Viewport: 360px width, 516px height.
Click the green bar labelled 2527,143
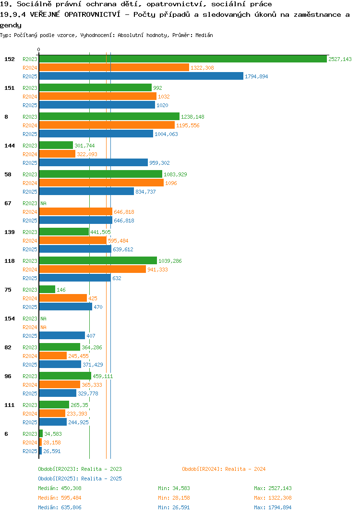tap(183, 59)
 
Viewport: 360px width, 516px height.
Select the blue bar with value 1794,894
tap(141, 76)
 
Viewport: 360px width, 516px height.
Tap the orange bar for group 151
tap(97, 97)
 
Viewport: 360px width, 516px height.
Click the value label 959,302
tap(159, 163)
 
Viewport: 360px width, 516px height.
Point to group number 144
tap(10, 146)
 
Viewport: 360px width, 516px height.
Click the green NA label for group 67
tap(43, 203)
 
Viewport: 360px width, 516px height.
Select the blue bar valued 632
tap(75, 278)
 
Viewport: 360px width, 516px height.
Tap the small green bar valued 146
tap(47, 289)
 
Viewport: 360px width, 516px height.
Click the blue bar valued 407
tap(62, 335)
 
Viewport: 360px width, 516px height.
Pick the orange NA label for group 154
tap(43, 327)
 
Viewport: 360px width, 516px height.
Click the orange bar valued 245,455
tap(53, 356)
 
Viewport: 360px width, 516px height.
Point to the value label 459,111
tap(103, 376)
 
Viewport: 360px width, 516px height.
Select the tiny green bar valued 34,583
tap(41, 433)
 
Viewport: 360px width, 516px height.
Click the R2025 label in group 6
tap(30, 451)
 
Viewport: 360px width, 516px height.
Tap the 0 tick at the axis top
tap(38, 49)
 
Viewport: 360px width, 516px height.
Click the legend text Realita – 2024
tap(245, 469)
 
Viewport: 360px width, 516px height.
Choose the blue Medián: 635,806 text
tap(60, 507)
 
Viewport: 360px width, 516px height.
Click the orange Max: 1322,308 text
tap(273, 498)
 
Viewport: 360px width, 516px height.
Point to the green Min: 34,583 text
tap(174, 488)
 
